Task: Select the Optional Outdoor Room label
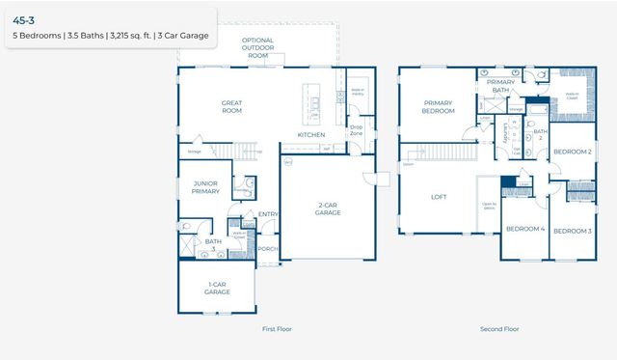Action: pyautogui.click(x=258, y=47)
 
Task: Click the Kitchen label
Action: pyautogui.click(x=310, y=134)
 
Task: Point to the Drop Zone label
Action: pyautogui.click(x=356, y=129)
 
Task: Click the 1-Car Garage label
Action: pyautogui.click(x=217, y=287)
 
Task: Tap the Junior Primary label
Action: pyautogui.click(x=206, y=187)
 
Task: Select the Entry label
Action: pyautogui.click(x=268, y=214)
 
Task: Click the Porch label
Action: pyautogui.click(x=267, y=249)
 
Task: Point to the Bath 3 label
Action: pyautogui.click(x=213, y=245)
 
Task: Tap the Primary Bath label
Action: pyautogui.click(x=500, y=86)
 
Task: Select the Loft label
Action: pyautogui.click(x=439, y=197)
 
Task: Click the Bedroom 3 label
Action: pyautogui.click(x=572, y=231)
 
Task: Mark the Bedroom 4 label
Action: pyautogui.click(x=525, y=229)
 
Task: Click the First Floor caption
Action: pyautogui.click(x=277, y=329)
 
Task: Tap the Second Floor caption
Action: pyautogui.click(x=499, y=329)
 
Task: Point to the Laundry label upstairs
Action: pyautogui.click(x=506, y=132)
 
